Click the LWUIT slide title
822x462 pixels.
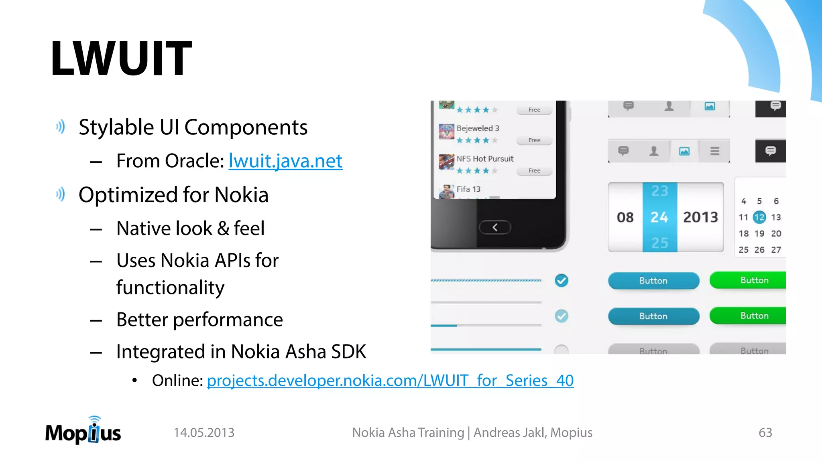click(x=121, y=58)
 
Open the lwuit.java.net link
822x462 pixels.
click(x=285, y=161)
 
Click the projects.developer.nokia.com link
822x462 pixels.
click(x=390, y=380)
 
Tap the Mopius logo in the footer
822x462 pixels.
click(x=83, y=431)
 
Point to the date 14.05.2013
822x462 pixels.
click(x=204, y=432)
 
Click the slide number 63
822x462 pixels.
click(x=765, y=432)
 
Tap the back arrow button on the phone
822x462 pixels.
click(x=495, y=227)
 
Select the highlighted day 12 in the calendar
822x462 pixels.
click(x=759, y=217)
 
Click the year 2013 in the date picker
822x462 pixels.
click(x=700, y=217)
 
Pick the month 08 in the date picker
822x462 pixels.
click(x=625, y=217)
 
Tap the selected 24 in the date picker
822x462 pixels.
click(x=659, y=217)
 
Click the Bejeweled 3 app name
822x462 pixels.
click(x=478, y=128)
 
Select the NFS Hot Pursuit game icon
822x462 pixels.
click(x=446, y=162)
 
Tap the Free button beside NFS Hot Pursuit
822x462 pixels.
click(x=534, y=171)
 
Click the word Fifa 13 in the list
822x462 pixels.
click(x=468, y=189)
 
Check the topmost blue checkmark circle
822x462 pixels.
click(x=562, y=281)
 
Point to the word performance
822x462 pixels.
click(x=228, y=320)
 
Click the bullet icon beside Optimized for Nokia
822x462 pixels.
click(x=61, y=195)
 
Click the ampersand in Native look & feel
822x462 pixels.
click(x=223, y=229)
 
